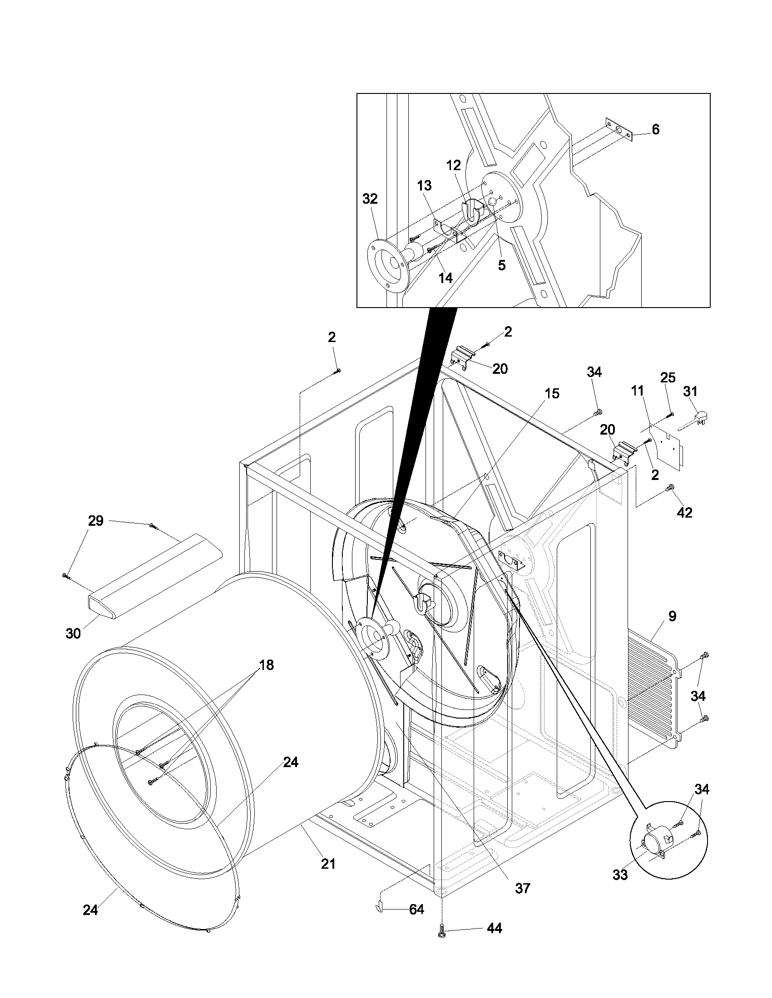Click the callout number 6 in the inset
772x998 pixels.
pyautogui.click(x=655, y=130)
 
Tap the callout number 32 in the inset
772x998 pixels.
pyautogui.click(x=370, y=199)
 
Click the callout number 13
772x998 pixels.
pyautogui.click(x=424, y=186)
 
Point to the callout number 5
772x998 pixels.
pyautogui.click(x=502, y=265)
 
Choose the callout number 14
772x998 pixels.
pyautogui.click(x=445, y=278)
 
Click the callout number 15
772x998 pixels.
pyautogui.click(x=552, y=393)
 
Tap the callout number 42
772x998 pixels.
pyautogui.click(x=684, y=513)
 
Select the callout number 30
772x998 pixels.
pyautogui.click(x=73, y=633)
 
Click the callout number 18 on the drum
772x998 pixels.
pyautogui.click(x=266, y=665)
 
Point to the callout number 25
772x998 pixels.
pyautogui.click(x=668, y=377)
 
